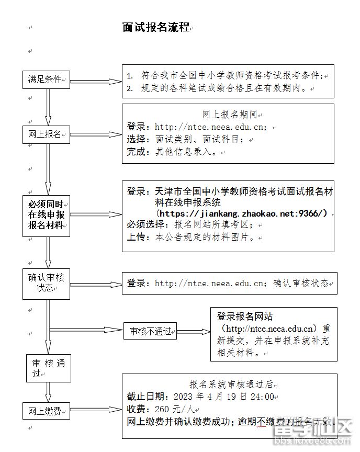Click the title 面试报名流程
155,28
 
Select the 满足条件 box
46,80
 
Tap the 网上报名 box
46,134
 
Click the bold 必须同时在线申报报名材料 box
46,215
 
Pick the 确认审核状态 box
46,283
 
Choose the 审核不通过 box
150,331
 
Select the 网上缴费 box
46,411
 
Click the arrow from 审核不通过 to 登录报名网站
193,332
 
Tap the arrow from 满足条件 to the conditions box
96,81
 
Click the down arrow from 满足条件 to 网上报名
48,107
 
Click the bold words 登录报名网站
245,317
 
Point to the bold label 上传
136,237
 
